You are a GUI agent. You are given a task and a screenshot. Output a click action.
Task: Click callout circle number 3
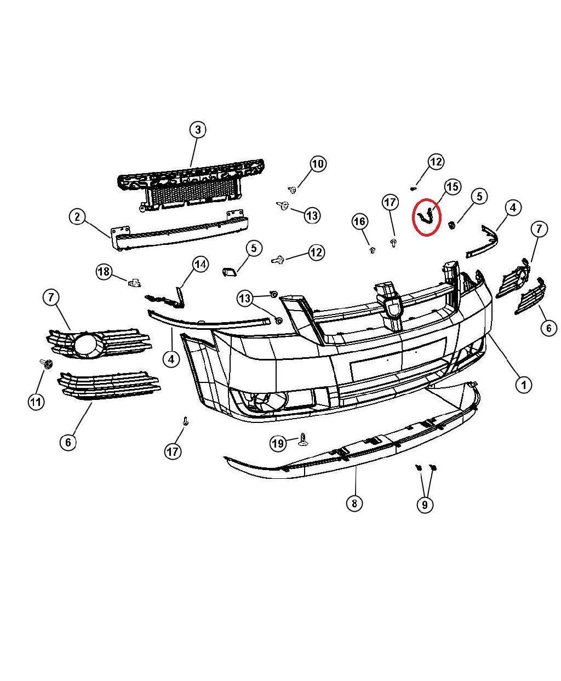[x=198, y=130]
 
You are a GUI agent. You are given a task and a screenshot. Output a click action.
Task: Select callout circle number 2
[x=78, y=217]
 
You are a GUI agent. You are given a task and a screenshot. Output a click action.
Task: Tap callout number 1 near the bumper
[x=523, y=385]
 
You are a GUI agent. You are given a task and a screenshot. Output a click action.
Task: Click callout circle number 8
[x=354, y=503]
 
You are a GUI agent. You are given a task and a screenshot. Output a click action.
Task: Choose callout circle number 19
[x=278, y=443]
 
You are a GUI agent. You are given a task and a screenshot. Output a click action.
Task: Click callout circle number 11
[x=36, y=402]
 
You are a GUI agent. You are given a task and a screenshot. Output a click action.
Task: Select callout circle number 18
[x=104, y=271]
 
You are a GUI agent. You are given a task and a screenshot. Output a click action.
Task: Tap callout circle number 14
[x=201, y=265]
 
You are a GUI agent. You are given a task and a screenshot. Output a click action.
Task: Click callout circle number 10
[x=318, y=163]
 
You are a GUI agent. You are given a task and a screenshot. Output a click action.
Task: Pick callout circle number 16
[x=359, y=222]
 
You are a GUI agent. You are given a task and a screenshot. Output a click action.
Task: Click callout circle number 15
[x=452, y=187]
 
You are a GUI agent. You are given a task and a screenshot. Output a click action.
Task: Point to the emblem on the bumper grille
[x=393, y=308]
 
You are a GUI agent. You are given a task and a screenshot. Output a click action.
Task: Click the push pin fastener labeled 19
[x=303, y=439]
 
